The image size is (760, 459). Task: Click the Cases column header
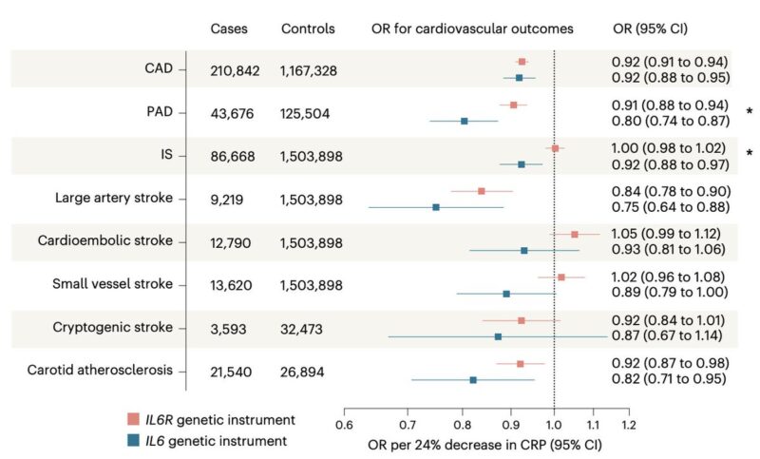pyautogui.click(x=229, y=29)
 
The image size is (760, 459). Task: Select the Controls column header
pyautogui.click(x=308, y=29)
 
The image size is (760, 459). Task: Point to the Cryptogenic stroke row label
pyautogui.click(x=119, y=327)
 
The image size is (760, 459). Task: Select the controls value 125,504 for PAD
pyautogui.click(x=312, y=113)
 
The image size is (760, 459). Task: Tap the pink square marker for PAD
pyautogui.click(x=514, y=105)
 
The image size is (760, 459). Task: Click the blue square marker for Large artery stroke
pyautogui.click(x=436, y=207)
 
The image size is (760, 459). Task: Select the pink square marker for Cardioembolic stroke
pyautogui.click(x=574, y=234)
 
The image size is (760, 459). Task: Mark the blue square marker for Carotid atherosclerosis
pyautogui.click(x=473, y=380)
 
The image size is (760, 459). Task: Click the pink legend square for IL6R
pyautogui.click(x=132, y=419)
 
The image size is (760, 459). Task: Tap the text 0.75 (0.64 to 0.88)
pyautogui.click(x=671, y=206)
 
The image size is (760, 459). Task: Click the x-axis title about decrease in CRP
pyautogui.click(x=485, y=444)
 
